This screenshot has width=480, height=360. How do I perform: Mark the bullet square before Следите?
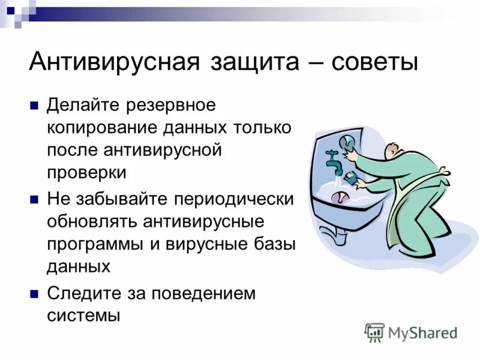[34, 294]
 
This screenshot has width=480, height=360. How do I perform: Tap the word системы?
[83, 315]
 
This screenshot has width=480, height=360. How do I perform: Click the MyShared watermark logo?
[411, 332]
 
